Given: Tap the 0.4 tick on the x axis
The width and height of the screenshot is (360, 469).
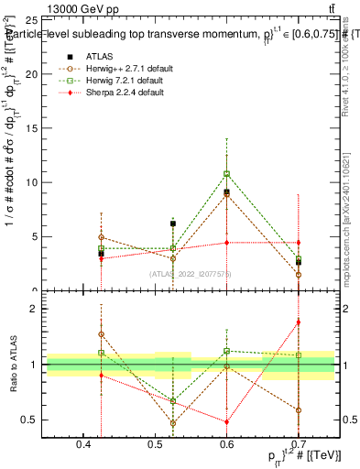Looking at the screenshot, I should point(83,444).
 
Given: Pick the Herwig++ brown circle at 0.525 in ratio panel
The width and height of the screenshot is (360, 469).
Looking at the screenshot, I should point(173,423).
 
